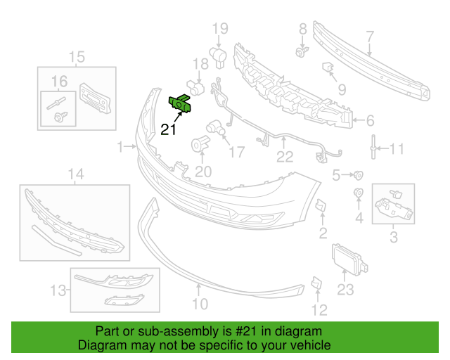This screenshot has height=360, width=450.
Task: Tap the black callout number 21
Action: click(168, 129)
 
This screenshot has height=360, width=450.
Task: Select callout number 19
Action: click(220, 28)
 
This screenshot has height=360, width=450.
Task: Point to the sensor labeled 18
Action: click(195, 87)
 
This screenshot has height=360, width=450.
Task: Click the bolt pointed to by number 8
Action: click(302, 51)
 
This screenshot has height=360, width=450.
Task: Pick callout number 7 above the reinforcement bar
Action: click(371, 37)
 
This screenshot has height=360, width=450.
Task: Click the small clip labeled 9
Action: click(328, 67)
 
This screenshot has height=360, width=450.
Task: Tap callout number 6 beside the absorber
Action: click(371, 120)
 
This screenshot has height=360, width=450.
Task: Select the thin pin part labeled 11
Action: click(373, 146)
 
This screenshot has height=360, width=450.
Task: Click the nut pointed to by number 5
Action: click(358, 175)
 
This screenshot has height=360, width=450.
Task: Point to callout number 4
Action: click(359, 218)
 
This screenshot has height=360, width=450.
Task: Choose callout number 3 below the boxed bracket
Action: click(394, 236)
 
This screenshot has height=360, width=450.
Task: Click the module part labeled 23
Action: click(349, 259)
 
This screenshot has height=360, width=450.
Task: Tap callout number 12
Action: click(319, 310)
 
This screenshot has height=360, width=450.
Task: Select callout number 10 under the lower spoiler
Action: click(200, 304)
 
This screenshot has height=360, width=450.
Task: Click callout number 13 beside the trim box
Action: click(58, 290)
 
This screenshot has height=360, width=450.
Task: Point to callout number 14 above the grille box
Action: click(76, 174)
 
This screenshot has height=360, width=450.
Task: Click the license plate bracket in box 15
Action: click(95, 98)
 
